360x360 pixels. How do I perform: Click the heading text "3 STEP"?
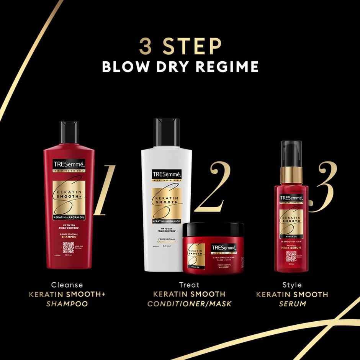tap(180, 47)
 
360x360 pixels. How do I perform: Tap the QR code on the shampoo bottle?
tap(68, 248)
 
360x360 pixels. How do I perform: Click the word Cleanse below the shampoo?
tap(67, 285)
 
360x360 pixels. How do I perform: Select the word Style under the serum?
tap(292, 285)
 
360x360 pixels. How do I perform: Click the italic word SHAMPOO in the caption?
tap(67, 304)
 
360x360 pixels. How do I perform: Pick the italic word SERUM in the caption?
tap(292, 304)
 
